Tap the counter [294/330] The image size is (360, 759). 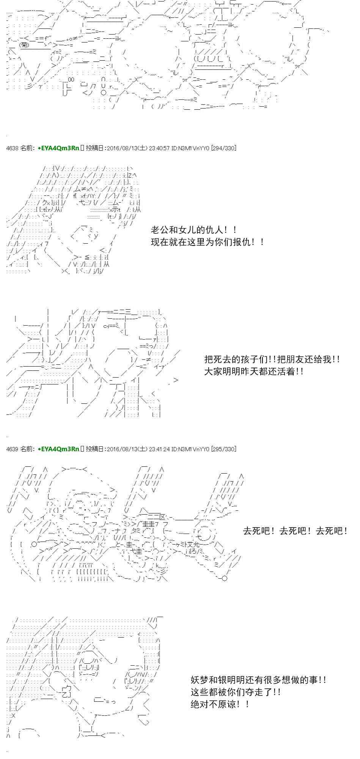point(223,148)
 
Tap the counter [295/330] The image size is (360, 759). point(223,449)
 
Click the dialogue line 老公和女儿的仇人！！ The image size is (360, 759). point(194,230)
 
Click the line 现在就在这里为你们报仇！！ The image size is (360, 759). point(208,242)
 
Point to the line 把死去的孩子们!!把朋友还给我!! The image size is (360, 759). point(272,359)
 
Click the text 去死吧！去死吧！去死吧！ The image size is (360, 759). point(295,531)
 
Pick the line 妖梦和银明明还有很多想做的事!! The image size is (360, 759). point(258,680)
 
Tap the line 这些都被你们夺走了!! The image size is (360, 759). point(236,692)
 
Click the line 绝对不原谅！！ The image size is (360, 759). point(220,704)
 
